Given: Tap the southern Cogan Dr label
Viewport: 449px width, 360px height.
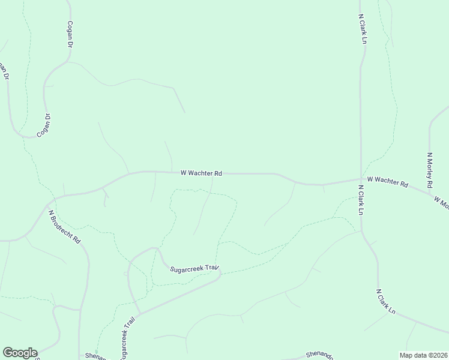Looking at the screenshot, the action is (43, 125).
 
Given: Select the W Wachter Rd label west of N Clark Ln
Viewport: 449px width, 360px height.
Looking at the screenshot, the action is (201, 173).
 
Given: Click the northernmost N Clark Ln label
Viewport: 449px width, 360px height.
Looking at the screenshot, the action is (363, 29).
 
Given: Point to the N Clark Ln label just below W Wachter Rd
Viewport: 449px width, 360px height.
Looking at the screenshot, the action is (361, 200).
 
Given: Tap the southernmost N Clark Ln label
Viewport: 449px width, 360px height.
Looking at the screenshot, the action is (386, 302).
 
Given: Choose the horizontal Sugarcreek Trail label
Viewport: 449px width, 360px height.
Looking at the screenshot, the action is (196, 269).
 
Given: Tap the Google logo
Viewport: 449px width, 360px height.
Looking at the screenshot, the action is (20, 353).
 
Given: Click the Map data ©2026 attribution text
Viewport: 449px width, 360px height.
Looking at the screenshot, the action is (423, 355).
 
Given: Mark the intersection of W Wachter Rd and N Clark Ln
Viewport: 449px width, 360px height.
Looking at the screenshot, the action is (361, 179).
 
